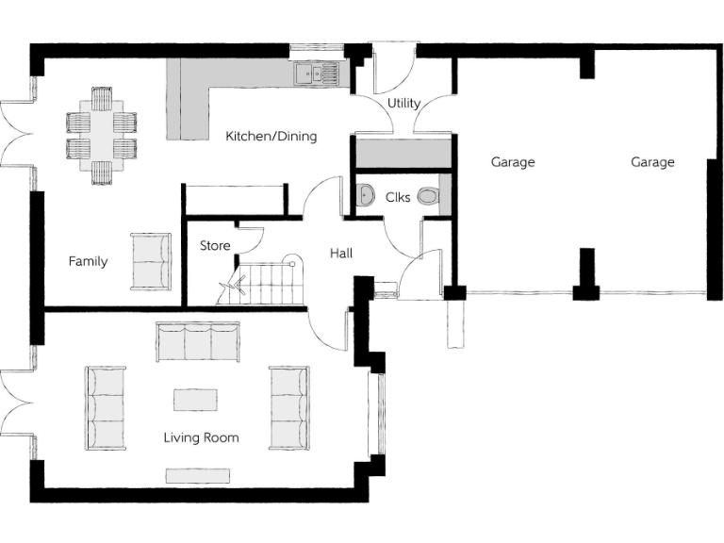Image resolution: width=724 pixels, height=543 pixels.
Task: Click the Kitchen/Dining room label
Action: pyautogui.click(x=271, y=137)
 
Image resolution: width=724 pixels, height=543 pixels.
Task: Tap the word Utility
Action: pyautogui.click(x=403, y=103)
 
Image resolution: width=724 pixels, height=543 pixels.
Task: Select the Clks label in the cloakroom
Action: pyautogui.click(x=398, y=198)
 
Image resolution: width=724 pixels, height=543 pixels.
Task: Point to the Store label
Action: pyautogui.click(x=215, y=246)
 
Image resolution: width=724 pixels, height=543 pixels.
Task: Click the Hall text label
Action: pyautogui.click(x=340, y=254)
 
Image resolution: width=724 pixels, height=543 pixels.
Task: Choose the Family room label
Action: pyautogui.click(x=88, y=262)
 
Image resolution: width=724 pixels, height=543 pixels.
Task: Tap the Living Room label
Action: pyautogui.click(x=201, y=437)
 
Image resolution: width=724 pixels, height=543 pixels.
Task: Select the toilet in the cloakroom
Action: pyautogui.click(x=429, y=197)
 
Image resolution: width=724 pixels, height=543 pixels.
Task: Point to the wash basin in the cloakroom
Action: pyautogui.click(x=366, y=196)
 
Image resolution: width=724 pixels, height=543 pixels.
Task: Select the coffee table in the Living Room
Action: pyautogui.click(x=195, y=400)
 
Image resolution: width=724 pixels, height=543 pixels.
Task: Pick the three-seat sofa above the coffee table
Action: pyautogui.click(x=198, y=342)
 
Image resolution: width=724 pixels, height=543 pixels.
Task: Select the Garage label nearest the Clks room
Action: pyautogui.click(x=513, y=162)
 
